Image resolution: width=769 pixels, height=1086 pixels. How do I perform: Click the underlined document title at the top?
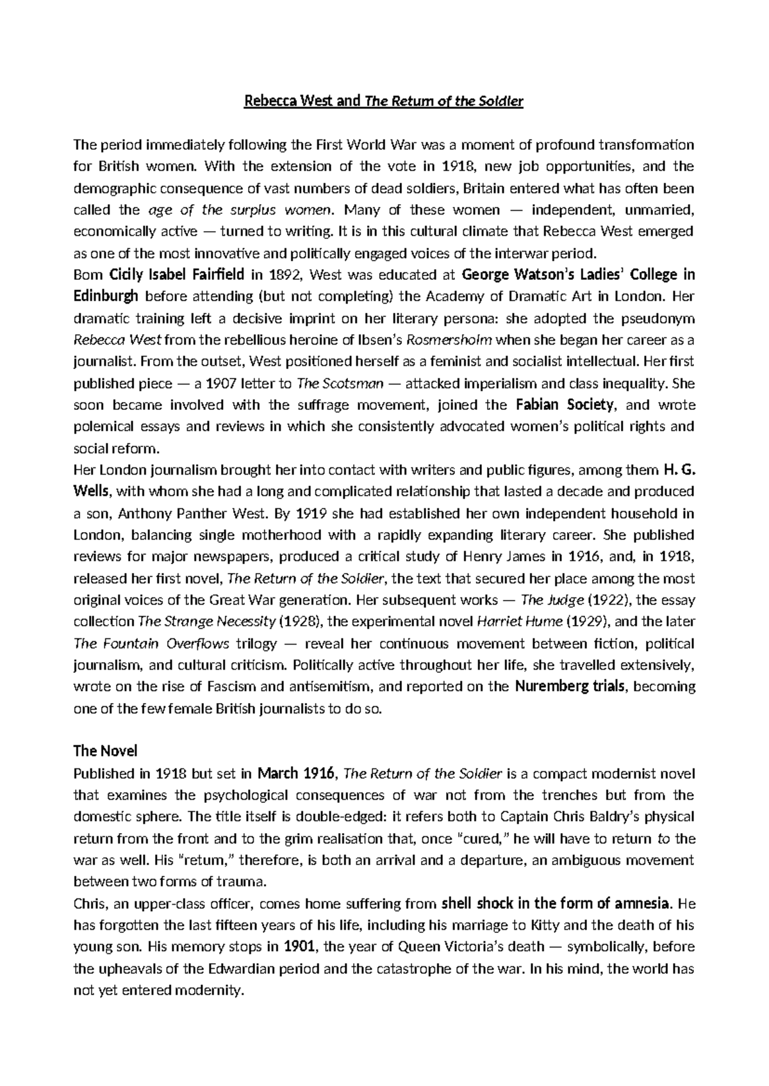384,101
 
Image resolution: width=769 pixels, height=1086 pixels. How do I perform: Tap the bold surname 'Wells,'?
94,491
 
